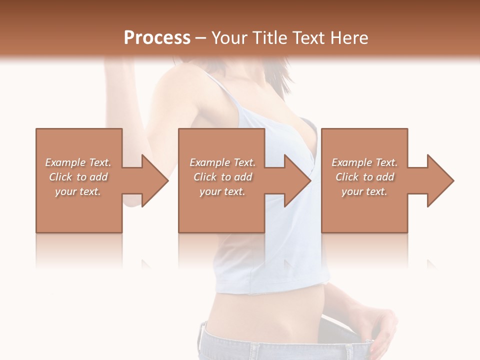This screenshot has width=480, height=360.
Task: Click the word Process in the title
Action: tap(157, 38)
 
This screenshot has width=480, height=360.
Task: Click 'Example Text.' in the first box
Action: tap(78, 162)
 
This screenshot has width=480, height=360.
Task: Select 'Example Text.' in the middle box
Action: tap(222, 162)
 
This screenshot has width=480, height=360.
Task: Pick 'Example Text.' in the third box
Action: tap(364, 162)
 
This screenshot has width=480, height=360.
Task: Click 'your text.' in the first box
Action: tap(78, 191)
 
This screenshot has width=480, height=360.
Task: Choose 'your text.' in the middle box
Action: tap(222, 191)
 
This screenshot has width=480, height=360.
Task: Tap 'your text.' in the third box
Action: tap(364, 191)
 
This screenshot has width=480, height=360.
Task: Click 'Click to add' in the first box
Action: tap(78, 177)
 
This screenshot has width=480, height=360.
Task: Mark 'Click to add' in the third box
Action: tap(364, 177)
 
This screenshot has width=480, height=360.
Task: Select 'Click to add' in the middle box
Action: tap(222, 177)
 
